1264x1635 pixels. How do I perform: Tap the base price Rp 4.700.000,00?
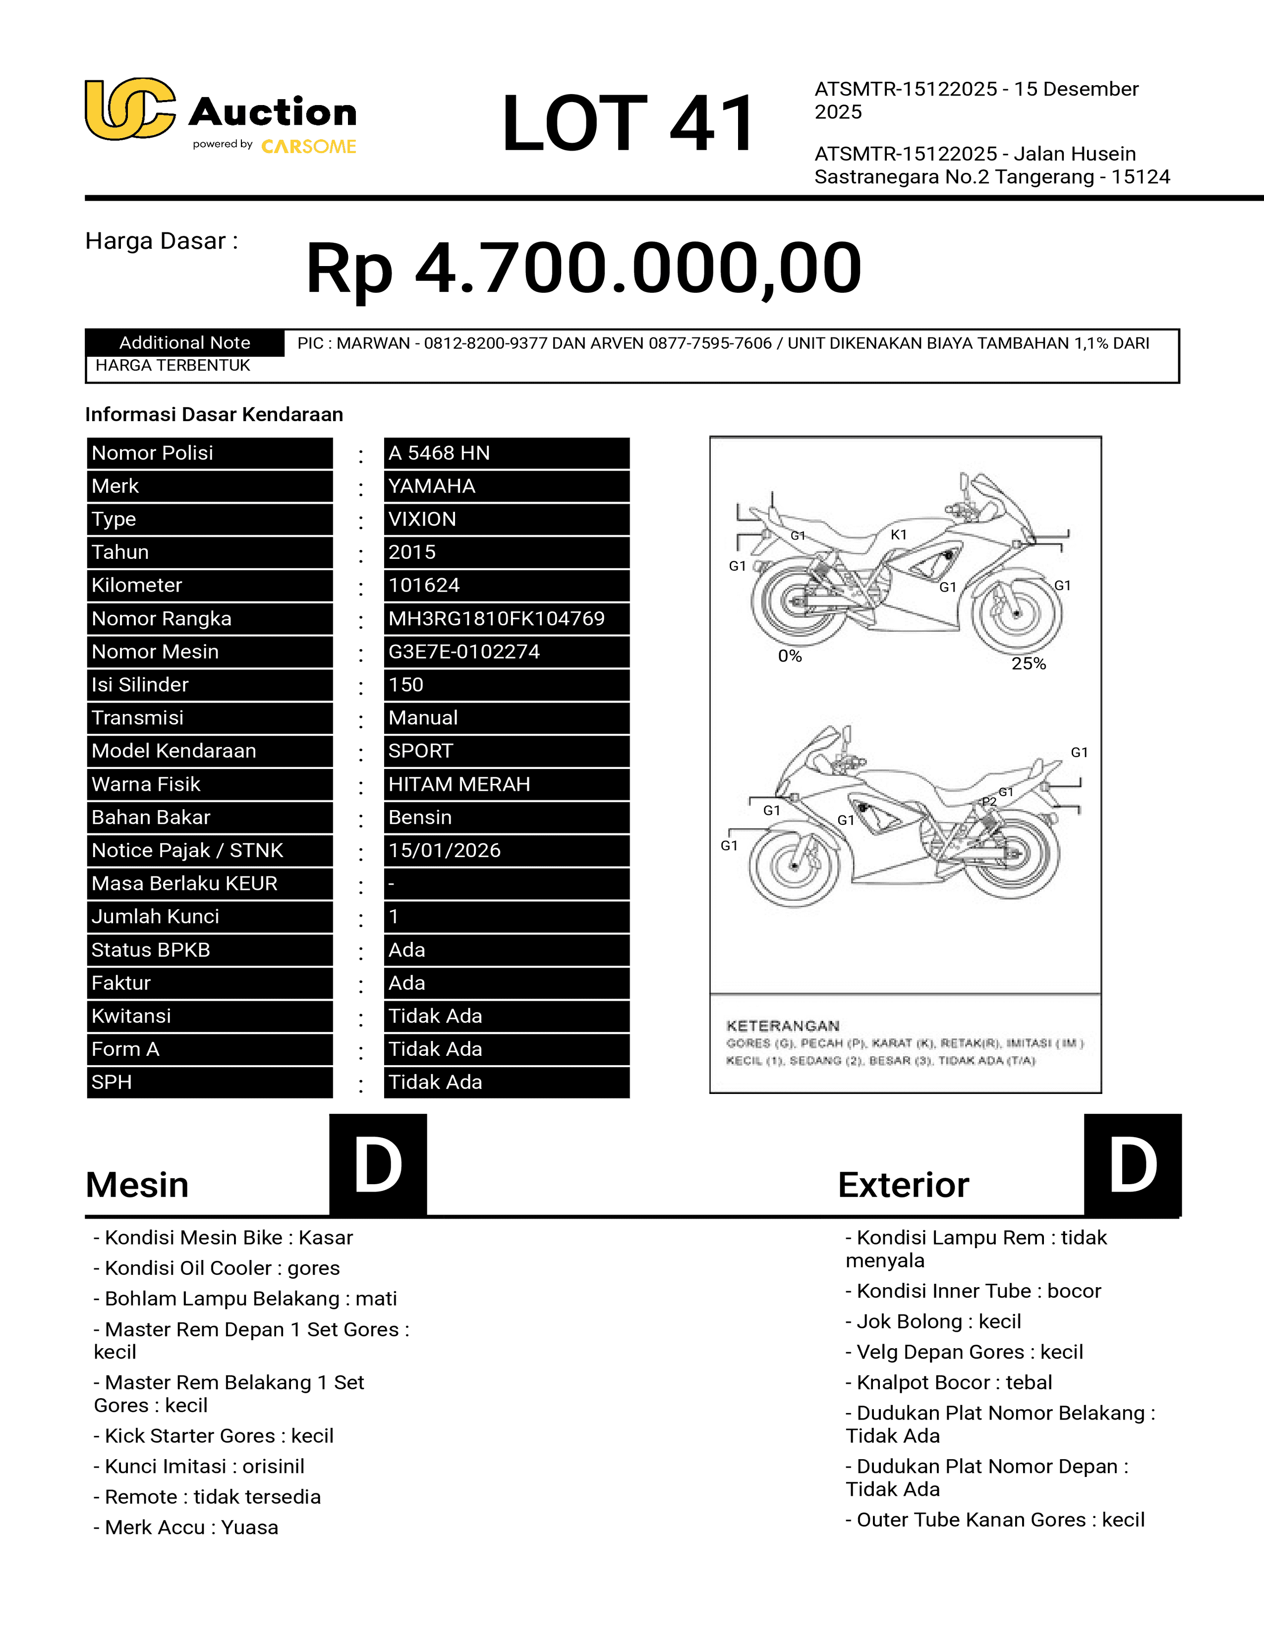[583, 268]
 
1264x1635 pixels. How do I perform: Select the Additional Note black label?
[184, 342]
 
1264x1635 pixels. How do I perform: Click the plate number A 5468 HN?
[439, 453]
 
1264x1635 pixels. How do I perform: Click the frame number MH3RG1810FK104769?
[496, 618]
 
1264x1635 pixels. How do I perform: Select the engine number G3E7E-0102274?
[463, 652]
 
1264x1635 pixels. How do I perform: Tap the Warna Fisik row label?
[146, 784]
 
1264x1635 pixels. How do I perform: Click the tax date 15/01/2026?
[444, 850]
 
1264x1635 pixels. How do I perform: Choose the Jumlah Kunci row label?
[155, 916]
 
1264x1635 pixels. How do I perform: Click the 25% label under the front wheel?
[1028, 663]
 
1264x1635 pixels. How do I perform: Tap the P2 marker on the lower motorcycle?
[989, 802]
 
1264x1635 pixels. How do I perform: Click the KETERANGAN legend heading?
[783, 1026]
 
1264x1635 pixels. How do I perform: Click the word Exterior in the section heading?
[903, 1185]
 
